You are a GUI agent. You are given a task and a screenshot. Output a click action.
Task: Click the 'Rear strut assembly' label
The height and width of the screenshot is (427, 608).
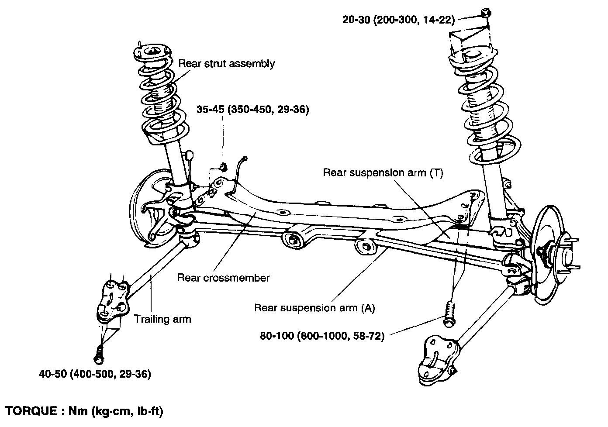click(227, 64)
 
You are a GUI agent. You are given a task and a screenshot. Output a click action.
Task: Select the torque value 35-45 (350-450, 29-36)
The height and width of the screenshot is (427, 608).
click(253, 110)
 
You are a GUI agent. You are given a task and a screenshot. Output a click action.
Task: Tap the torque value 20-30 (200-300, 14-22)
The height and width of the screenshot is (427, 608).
click(399, 20)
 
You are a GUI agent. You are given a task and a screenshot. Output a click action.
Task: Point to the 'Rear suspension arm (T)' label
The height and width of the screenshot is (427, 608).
click(383, 173)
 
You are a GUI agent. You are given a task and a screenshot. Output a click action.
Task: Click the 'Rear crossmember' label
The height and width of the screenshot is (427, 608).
click(223, 278)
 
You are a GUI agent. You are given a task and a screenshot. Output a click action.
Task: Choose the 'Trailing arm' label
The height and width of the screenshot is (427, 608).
click(162, 319)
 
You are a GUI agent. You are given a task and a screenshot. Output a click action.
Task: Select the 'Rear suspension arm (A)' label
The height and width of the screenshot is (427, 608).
click(314, 308)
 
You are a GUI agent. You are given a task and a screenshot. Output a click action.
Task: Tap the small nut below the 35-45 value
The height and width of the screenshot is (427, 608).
click(222, 166)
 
